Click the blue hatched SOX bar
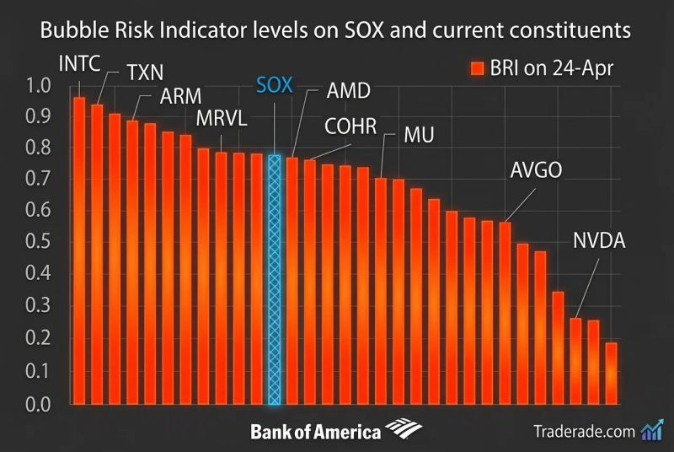(x=274, y=278)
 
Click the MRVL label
(x=222, y=117)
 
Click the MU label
(x=418, y=135)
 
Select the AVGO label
(x=536, y=171)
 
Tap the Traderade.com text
(x=584, y=431)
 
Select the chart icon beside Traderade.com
(x=651, y=430)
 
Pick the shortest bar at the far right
(x=611, y=372)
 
